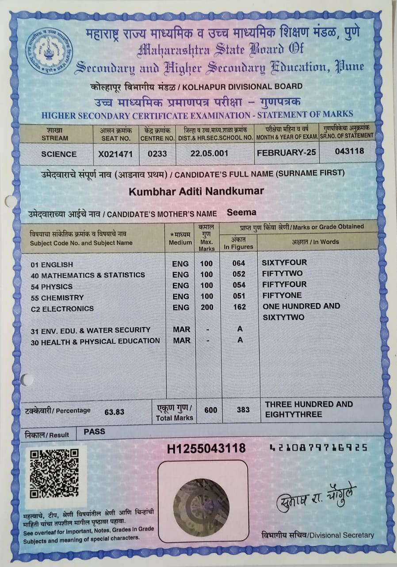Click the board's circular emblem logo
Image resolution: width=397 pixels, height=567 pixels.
pyautogui.click(x=49, y=50)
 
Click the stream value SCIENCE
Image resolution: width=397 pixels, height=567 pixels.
pyautogui.click(x=59, y=154)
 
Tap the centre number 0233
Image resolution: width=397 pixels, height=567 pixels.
pyautogui.click(x=157, y=154)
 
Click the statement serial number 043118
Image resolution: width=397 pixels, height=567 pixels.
pyautogui.click(x=349, y=151)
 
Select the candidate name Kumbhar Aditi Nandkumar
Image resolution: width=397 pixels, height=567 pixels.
pyautogui.click(x=196, y=191)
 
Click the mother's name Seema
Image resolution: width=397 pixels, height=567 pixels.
pyautogui.click(x=241, y=212)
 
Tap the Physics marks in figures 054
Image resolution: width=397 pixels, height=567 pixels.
pyautogui.click(x=239, y=285)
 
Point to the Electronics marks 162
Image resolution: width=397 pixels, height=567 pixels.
pyautogui.click(x=239, y=307)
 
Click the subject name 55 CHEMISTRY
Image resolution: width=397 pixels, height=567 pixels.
pyautogui.click(x=57, y=297)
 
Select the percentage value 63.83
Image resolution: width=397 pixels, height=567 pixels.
pyautogui.click(x=114, y=412)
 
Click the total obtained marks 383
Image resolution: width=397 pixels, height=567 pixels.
pyautogui.click(x=243, y=410)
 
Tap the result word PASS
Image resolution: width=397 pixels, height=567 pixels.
pyautogui.click(x=94, y=431)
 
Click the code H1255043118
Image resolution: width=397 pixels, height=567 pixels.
pyautogui.click(x=206, y=448)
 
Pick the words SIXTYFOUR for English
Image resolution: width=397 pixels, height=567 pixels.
pyautogui.click(x=284, y=262)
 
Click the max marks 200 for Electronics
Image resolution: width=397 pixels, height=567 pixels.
pyautogui.click(x=206, y=307)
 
